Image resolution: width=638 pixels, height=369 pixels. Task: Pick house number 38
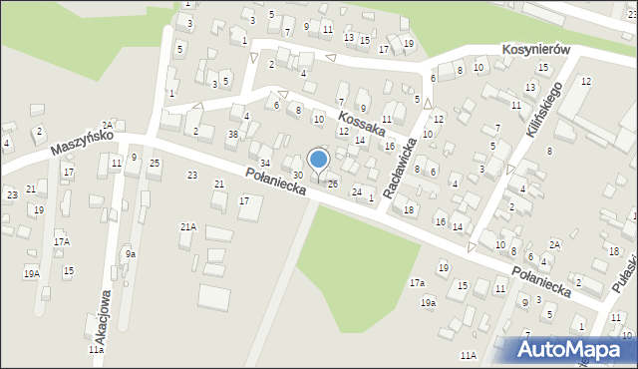232,135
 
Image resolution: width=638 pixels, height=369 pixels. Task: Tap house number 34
264,163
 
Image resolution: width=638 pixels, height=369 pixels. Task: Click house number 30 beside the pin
297,176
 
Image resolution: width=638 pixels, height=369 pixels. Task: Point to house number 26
333,184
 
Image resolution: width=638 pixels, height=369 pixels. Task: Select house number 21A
187,227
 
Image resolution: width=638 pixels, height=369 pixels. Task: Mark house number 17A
62,241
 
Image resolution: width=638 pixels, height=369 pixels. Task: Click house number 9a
130,254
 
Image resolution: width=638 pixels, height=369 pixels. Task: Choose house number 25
155,163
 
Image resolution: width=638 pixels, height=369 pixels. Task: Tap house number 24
356,191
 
